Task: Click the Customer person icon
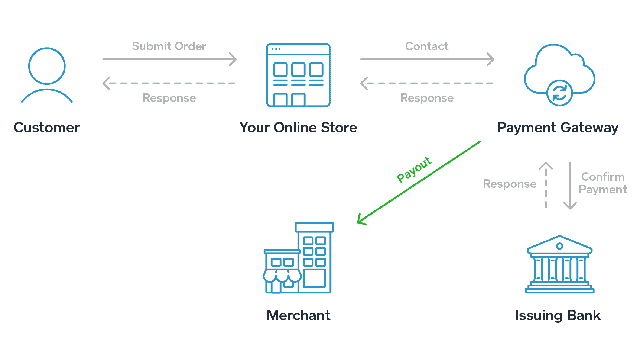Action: coord(47,73)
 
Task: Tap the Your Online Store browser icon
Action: coord(298,75)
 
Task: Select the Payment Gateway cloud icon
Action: coord(558,76)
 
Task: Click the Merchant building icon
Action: coord(298,259)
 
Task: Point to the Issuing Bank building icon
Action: coord(558,264)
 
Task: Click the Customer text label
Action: coord(47,128)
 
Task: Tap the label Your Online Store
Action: coord(298,128)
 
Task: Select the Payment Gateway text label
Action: coord(558,128)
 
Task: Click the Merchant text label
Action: coord(298,316)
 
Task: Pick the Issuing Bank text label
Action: coord(558,316)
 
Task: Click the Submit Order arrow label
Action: coord(169,46)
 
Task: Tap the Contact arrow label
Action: coord(427,46)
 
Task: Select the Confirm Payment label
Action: coord(603,183)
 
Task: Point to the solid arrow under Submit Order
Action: coord(170,59)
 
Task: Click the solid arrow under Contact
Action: coord(427,59)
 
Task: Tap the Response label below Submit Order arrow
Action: coord(169,98)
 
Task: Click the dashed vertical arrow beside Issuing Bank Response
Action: coord(545,184)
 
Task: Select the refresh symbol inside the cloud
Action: coord(559,92)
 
